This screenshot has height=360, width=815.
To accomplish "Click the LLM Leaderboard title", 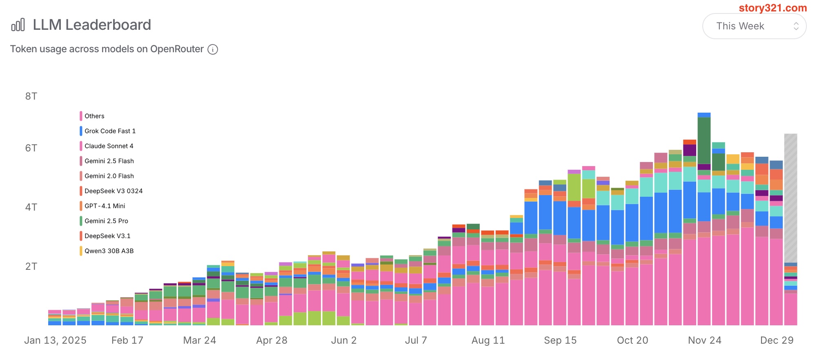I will [92, 25].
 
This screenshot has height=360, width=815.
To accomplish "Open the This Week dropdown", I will [754, 26].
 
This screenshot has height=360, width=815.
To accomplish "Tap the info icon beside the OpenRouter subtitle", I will [213, 49].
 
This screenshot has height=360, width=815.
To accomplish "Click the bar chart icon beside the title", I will [18, 25].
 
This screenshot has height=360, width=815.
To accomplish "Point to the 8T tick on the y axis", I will [31, 96].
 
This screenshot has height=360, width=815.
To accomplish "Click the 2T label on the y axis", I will [31, 267].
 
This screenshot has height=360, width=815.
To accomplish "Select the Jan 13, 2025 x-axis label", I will [55, 340].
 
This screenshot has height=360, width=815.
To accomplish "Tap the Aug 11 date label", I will [488, 340].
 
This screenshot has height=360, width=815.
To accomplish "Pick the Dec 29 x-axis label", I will [777, 340].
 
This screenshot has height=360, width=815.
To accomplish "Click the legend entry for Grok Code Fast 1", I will [110, 131].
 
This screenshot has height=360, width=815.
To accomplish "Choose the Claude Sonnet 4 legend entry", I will [109, 146].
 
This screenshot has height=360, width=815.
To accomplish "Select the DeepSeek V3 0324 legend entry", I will [114, 191].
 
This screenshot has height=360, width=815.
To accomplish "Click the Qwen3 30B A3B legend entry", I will [109, 251].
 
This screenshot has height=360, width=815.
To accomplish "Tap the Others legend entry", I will [94, 116].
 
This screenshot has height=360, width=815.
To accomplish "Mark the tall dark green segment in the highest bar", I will [704, 141].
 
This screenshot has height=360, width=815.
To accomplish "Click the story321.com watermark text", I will [773, 8].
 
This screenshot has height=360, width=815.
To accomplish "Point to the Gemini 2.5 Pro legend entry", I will [106, 221].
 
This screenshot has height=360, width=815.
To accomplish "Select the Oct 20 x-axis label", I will [632, 340].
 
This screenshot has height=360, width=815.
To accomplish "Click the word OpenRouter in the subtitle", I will [177, 49].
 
